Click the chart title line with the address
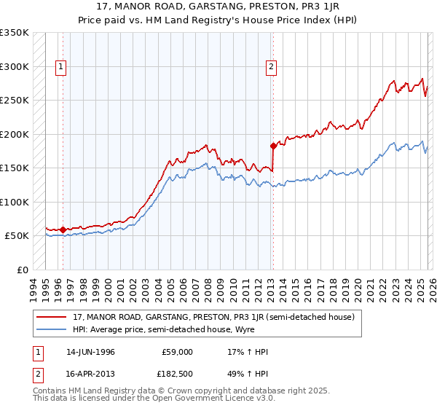tap(219, 7)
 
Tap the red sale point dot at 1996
tap(63, 229)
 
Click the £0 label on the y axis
tap(22, 270)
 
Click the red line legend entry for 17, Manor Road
tap(213, 317)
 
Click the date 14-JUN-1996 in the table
tap(90, 352)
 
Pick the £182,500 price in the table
tap(178, 374)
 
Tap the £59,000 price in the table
tap(178, 352)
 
